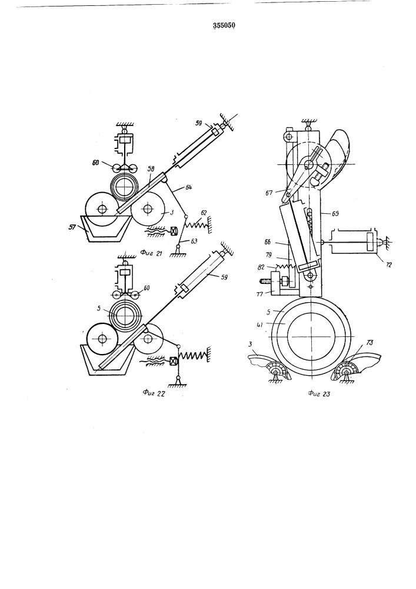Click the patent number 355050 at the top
[224, 25]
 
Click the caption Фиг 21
[151, 253]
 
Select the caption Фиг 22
[154, 393]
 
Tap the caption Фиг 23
[318, 393]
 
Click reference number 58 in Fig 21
[151, 170]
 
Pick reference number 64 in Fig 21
[188, 187]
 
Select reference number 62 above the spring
[204, 213]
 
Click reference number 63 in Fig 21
[194, 241]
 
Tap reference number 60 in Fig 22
[146, 288]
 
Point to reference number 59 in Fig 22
[224, 277]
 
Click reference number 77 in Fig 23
[260, 294]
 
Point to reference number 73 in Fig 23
[370, 343]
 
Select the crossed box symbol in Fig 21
[174, 231]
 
